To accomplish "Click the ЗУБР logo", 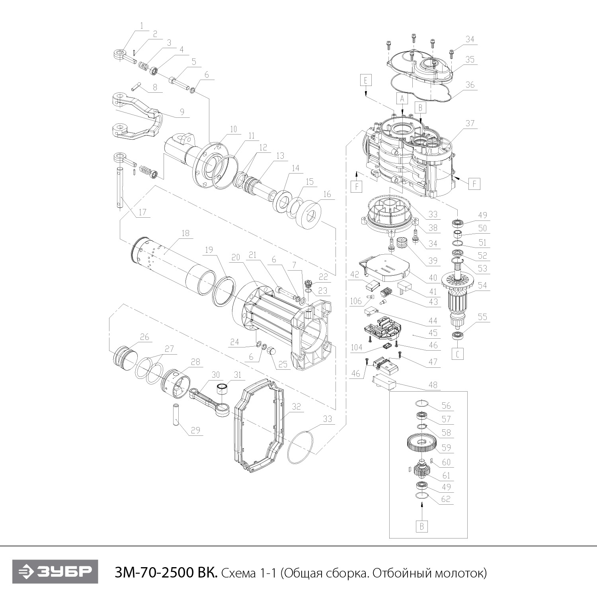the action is tap(55, 572).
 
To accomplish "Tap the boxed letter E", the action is tap(365, 80).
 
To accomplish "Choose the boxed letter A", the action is tap(402, 98).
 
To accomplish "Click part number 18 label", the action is tap(185, 233).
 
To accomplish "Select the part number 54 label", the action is tap(482, 286).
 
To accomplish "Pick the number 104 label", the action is tap(356, 347).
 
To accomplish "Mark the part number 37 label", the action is tap(470, 123).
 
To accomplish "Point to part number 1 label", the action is tap(141, 25).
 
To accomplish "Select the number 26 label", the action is tap(144, 337).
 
